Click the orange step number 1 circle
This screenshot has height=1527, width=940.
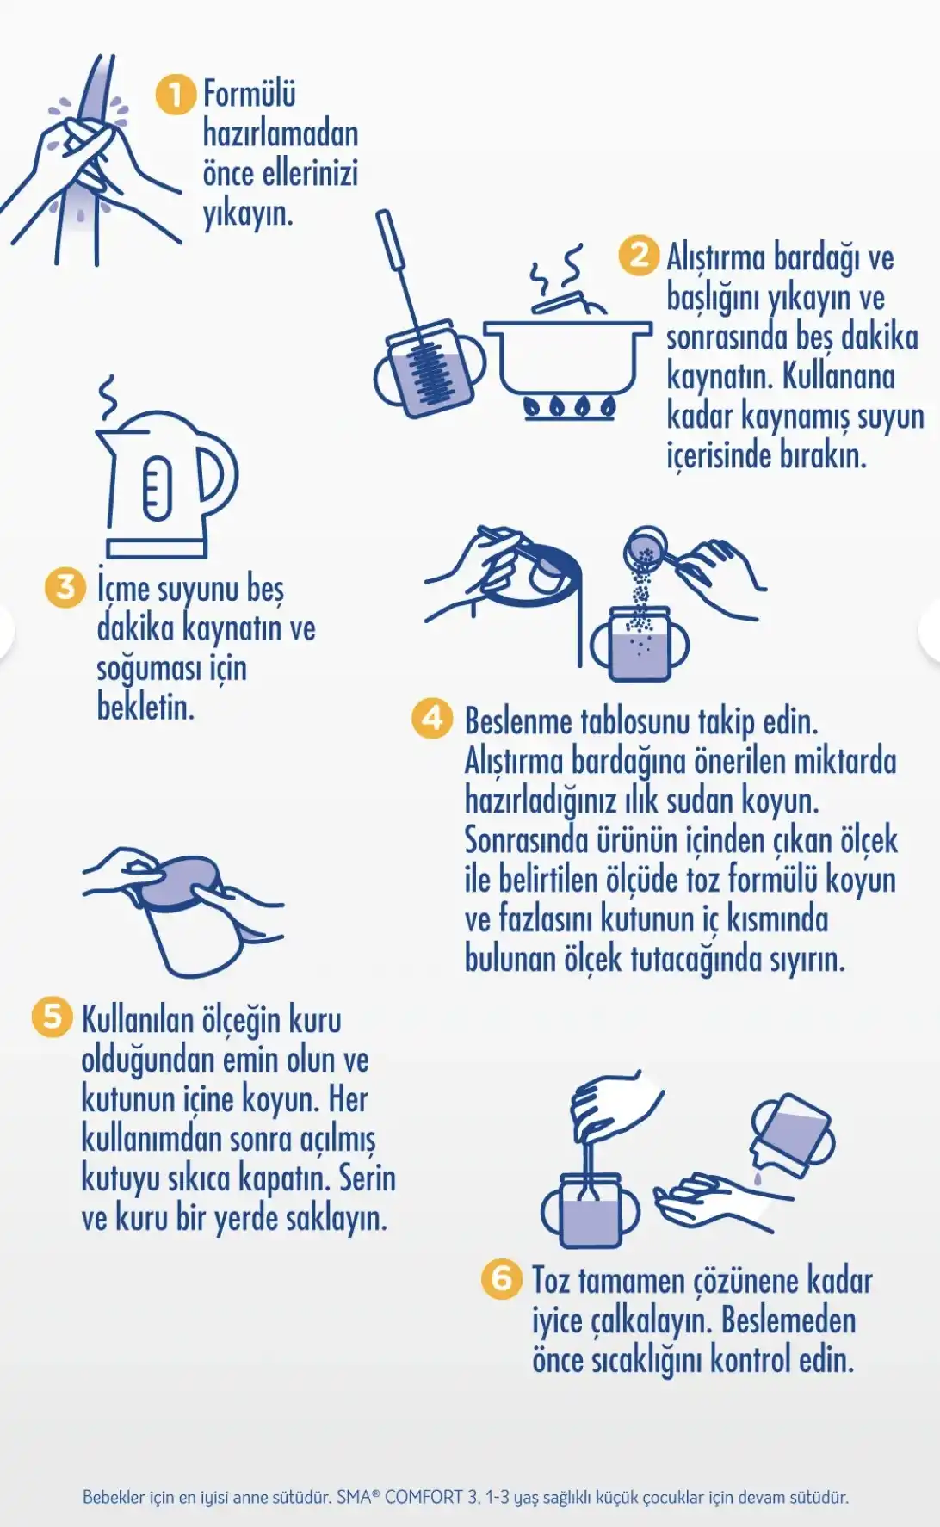pyautogui.click(x=176, y=94)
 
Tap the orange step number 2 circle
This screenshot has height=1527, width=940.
pyautogui.click(x=639, y=256)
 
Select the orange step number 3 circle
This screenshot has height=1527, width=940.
pyautogui.click(x=65, y=588)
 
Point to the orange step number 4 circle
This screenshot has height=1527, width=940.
pyautogui.click(x=432, y=719)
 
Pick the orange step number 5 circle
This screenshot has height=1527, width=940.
pyautogui.click(x=52, y=1017)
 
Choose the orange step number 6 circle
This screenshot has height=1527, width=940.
pyautogui.click(x=502, y=1278)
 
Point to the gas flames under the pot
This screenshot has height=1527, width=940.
pyautogui.click(x=571, y=406)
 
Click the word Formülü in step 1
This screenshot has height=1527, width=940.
pyautogui.click(x=249, y=94)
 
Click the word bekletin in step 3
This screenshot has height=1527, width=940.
pyautogui.click(x=145, y=708)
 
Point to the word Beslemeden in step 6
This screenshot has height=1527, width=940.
pyautogui.click(x=788, y=1320)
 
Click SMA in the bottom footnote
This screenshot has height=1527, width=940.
pyautogui.click(x=354, y=1497)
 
